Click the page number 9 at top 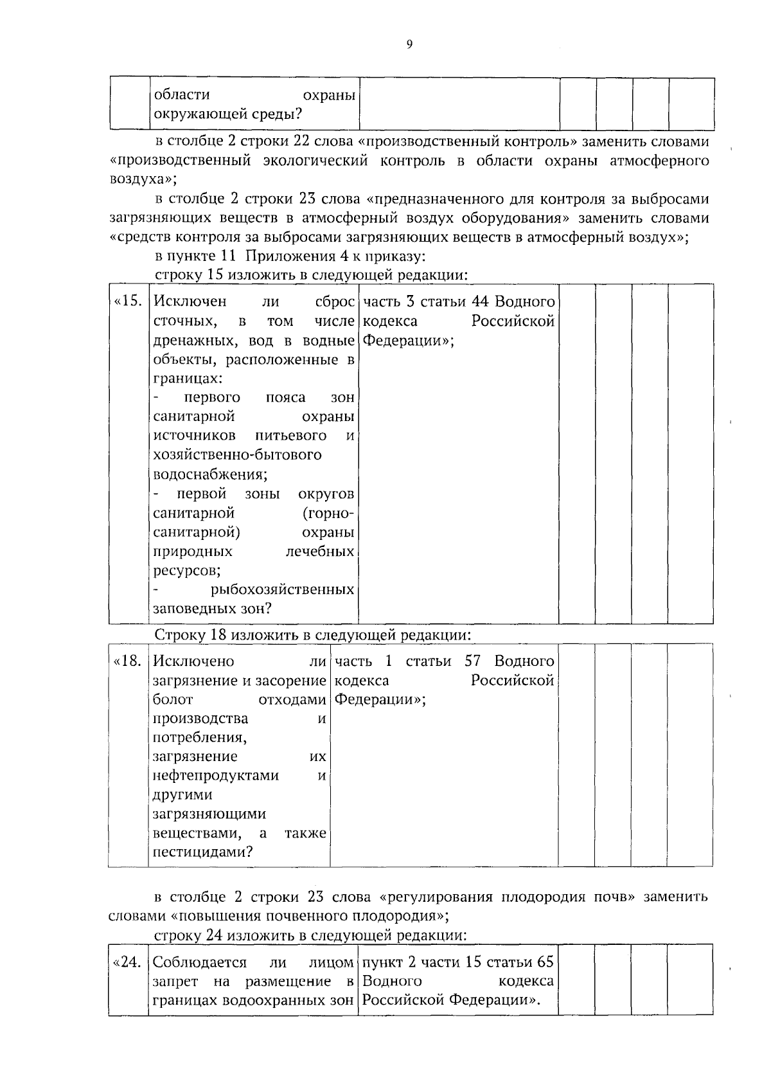(x=409, y=44)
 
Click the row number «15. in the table (x=127, y=301)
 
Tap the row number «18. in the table (x=127, y=661)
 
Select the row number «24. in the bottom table (x=127, y=962)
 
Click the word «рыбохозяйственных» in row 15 (x=282, y=589)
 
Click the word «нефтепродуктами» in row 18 (x=216, y=776)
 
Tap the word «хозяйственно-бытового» (x=237, y=455)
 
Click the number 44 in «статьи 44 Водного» (x=481, y=301)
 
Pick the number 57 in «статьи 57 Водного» (x=473, y=661)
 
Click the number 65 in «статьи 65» (x=545, y=962)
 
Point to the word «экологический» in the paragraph (x=315, y=161)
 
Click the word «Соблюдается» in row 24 (x=200, y=962)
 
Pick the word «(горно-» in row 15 (x=327, y=513)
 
